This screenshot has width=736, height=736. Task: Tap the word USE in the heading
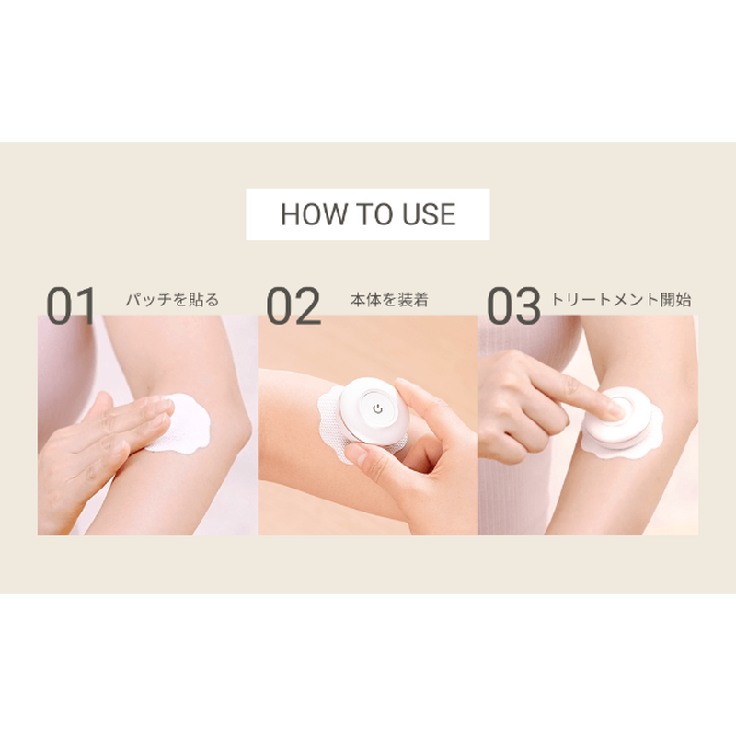[x=429, y=214]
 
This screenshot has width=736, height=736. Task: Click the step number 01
[x=71, y=305]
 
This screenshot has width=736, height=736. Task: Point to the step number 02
[x=293, y=305]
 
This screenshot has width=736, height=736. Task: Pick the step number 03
[x=513, y=305]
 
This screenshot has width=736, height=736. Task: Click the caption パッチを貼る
[x=172, y=300]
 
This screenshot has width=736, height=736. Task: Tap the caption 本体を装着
[x=389, y=300]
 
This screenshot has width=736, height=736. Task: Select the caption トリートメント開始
[x=620, y=300]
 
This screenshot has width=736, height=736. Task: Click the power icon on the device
[x=377, y=408]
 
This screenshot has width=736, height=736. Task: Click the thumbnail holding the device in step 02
[x=358, y=454]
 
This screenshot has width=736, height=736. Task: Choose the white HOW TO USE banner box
[x=367, y=214]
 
